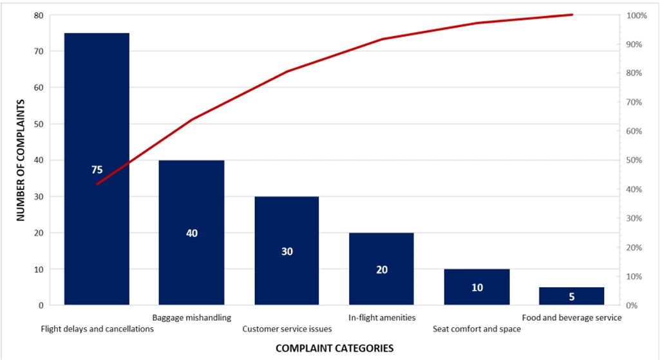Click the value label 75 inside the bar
97,170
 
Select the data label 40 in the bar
192,233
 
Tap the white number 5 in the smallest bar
572,297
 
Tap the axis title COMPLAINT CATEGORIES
334,348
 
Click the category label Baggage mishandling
192,317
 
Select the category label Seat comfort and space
476,329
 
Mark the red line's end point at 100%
572,15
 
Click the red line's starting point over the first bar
97,184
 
